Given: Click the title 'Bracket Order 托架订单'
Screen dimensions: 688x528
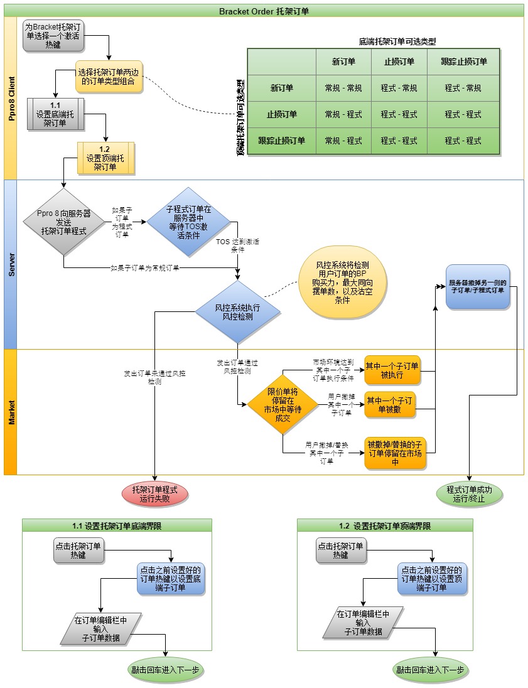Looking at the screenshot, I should (264, 11).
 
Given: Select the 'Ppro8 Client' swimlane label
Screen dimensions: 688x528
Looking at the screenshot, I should (11, 98).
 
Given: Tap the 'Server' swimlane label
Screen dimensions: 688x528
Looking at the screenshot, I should (11, 264).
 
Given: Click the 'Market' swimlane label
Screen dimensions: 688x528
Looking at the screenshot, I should (11, 412).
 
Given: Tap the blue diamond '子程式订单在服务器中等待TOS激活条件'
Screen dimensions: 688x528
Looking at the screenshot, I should (189, 222).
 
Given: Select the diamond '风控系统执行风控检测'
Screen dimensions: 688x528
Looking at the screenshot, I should (237, 312).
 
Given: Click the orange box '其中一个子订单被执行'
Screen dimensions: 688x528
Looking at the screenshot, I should (392, 370).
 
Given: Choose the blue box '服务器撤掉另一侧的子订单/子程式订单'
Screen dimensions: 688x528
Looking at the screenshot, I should (478, 286).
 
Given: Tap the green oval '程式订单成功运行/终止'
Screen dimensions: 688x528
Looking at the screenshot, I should (469, 494).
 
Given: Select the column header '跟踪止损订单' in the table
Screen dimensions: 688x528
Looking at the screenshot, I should (463, 62).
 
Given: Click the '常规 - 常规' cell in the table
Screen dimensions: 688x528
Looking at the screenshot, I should (343, 89).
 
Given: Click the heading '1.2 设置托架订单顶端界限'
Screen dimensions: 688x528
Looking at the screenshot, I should (385, 526).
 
